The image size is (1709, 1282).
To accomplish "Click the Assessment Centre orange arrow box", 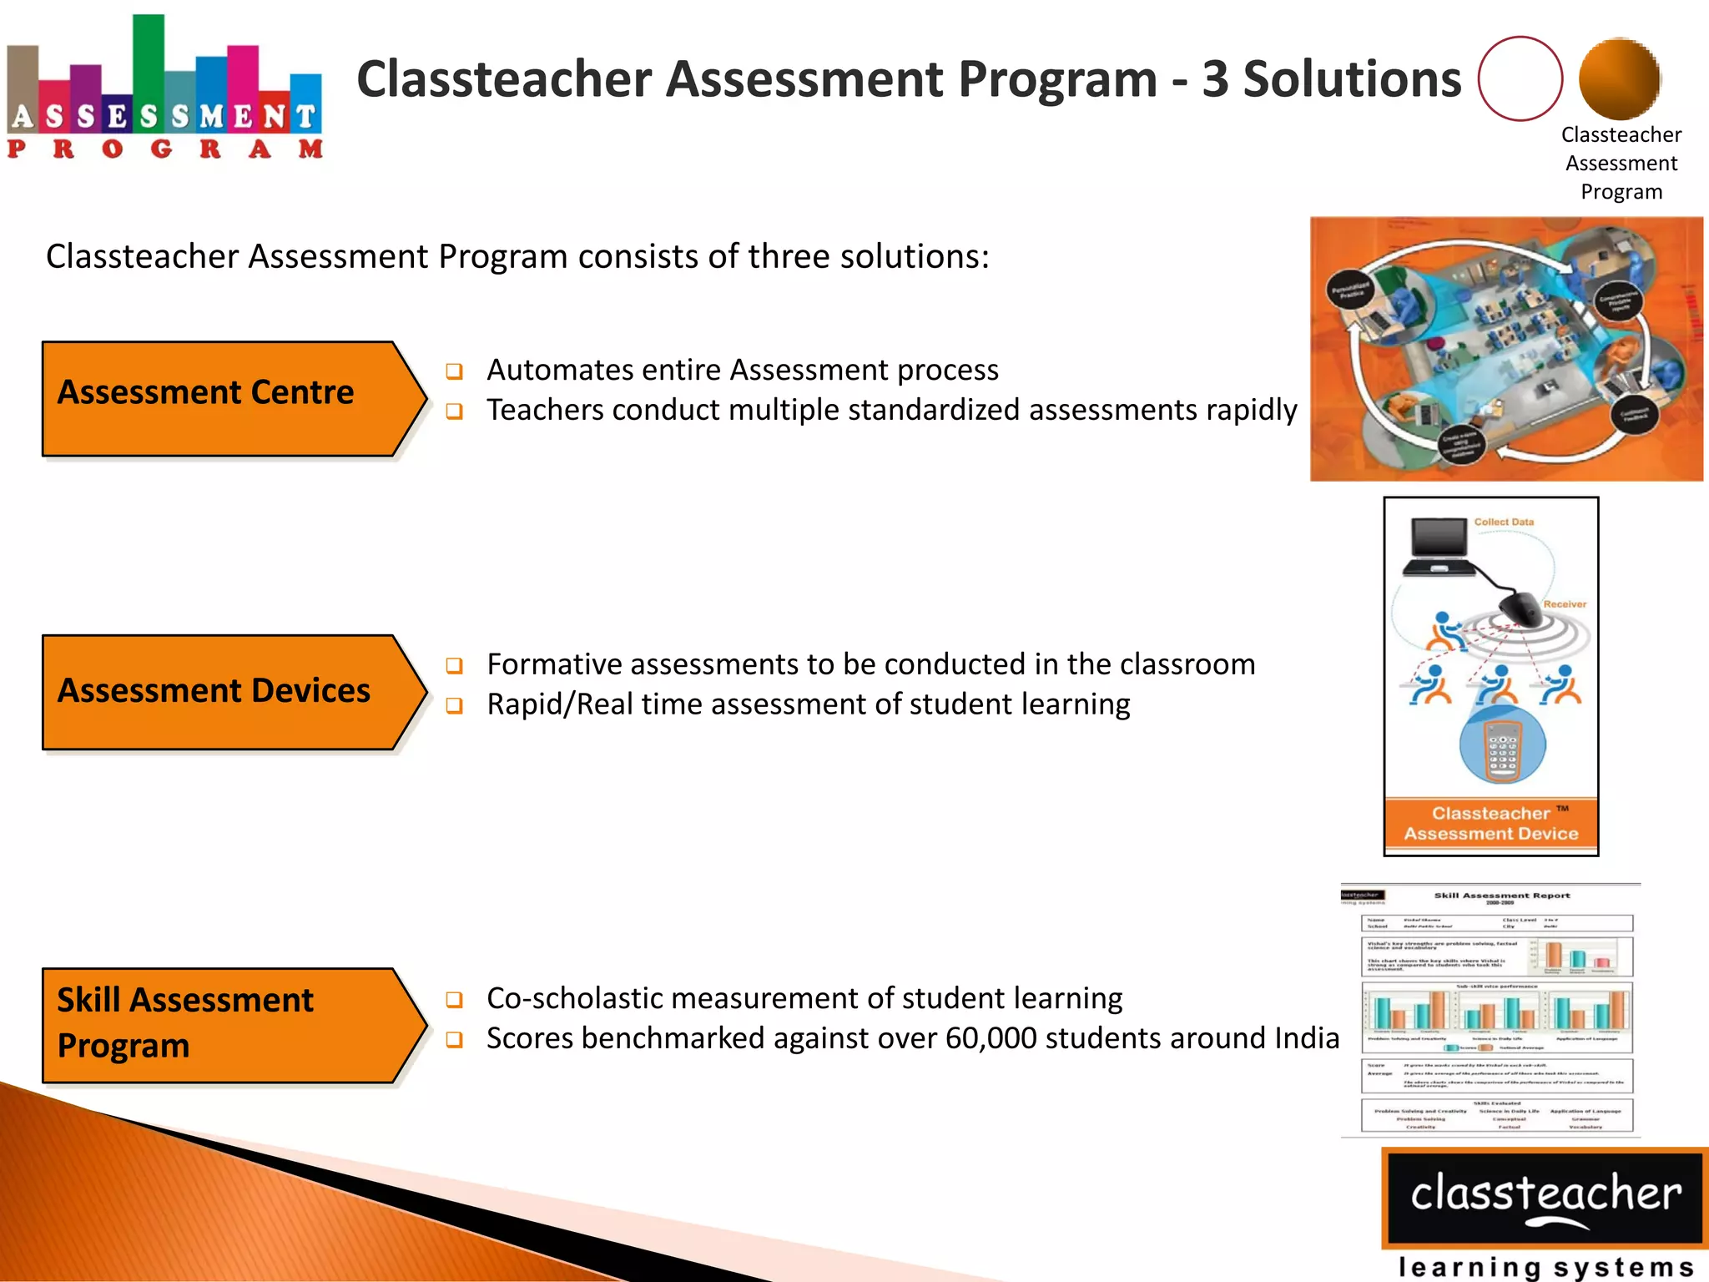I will (x=225, y=399).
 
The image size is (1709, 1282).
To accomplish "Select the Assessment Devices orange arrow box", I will (x=225, y=692).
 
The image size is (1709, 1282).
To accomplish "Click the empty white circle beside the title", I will (x=1520, y=78).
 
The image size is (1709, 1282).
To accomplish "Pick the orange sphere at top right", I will (x=1619, y=78).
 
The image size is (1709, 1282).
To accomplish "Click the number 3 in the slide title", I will (x=1215, y=80).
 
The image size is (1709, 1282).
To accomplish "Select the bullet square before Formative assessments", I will (x=454, y=665).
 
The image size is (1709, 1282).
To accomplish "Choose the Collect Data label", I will (x=1504, y=522).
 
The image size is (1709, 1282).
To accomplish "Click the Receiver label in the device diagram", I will (x=1564, y=604).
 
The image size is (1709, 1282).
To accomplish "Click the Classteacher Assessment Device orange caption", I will (x=1491, y=823).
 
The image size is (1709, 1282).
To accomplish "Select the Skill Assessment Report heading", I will (x=1501, y=896).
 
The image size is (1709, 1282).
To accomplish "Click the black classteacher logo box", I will (x=1545, y=1197).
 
